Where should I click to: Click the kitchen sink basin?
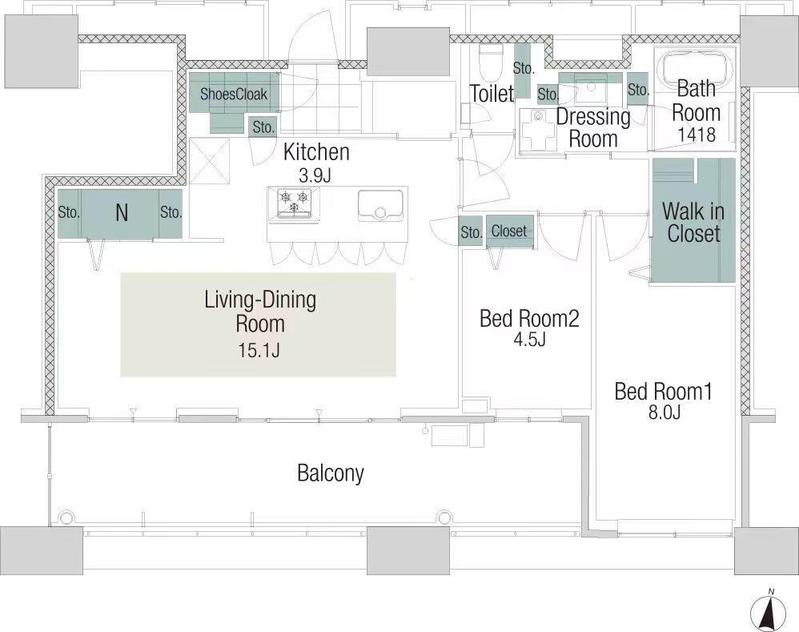(380, 205)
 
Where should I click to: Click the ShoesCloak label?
(234, 95)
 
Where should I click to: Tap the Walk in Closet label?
(693, 222)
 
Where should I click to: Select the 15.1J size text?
(259, 350)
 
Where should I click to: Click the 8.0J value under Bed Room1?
(664, 412)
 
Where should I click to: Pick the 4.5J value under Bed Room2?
(529, 339)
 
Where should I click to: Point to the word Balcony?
(331, 473)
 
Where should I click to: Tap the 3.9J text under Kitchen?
(315, 176)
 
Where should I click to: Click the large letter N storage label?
(121, 212)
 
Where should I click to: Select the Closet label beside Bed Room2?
(509, 231)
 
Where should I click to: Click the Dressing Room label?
(593, 127)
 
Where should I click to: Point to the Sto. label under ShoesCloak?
(264, 127)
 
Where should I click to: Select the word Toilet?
(492, 93)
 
